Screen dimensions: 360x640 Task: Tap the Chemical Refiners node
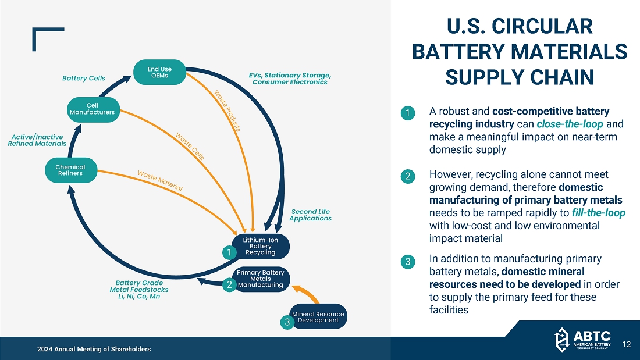(x=70, y=170)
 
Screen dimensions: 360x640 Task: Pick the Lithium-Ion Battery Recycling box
(x=260, y=247)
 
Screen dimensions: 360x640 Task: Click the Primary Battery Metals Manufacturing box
(x=261, y=279)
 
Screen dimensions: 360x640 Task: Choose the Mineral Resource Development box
(x=318, y=316)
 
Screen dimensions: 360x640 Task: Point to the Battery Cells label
(x=84, y=78)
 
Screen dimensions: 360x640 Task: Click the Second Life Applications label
(x=310, y=215)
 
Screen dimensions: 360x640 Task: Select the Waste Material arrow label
(x=160, y=181)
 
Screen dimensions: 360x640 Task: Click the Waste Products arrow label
(x=227, y=111)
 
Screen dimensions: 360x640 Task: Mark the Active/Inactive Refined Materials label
(x=37, y=140)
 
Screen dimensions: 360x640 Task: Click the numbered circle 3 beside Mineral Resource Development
(x=286, y=322)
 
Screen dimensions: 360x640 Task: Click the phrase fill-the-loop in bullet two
(x=598, y=212)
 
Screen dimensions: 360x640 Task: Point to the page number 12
(x=626, y=344)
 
